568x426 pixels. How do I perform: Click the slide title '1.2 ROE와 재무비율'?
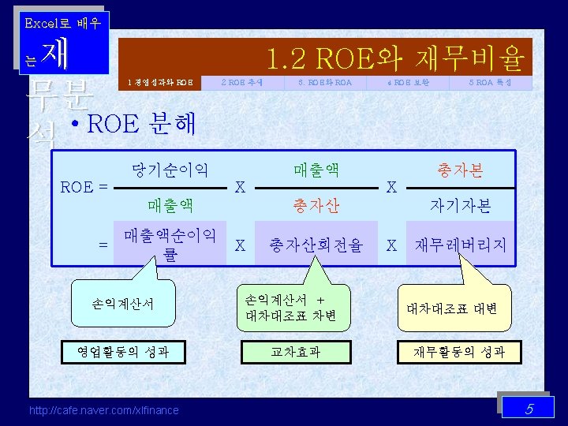pyautogui.click(x=394, y=58)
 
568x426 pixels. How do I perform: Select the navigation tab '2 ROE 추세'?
pyautogui.click(x=242, y=82)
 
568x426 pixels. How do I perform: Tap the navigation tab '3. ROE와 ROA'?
pyautogui.click(x=325, y=82)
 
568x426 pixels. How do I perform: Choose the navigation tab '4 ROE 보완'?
pyautogui.click(x=408, y=82)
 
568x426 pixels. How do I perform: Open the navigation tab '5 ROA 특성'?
pyautogui.click(x=491, y=82)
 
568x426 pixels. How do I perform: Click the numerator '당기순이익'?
pyautogui.click(x=170, y=169)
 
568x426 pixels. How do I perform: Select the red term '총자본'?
pyautogui.click(x=461, y=170)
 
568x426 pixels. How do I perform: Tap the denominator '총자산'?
pyautogui.click(x=316, y=206)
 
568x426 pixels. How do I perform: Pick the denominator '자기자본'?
pyautogui.click(x=461, y=206)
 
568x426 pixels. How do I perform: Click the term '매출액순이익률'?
pyautogui.click(x=170, y=245)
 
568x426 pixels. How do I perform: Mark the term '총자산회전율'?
pyautogui.click(x=316, y=245)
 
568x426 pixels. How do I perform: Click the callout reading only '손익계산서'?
pyautogui.click(x=122, y=303)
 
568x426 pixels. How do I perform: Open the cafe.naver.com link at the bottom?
pyautogui.click(x=103, y=409)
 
